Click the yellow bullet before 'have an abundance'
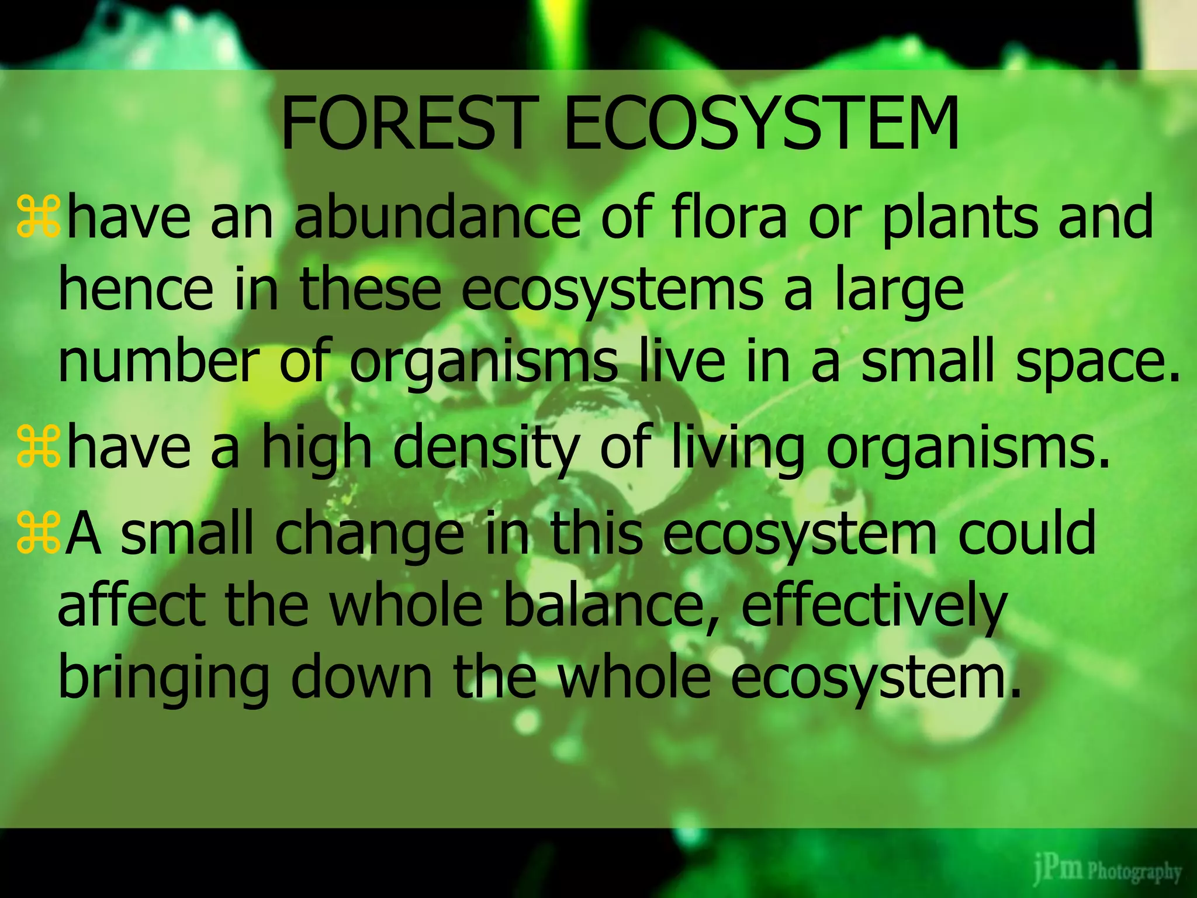(x=38, y=217)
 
